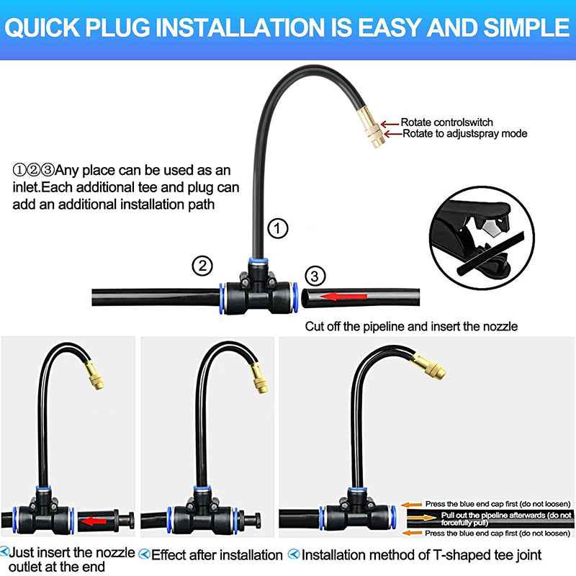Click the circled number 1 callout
pos(278,229)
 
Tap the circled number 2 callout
pos(203,266)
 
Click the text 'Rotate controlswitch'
pos(447,122)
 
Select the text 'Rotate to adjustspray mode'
pos(464,133)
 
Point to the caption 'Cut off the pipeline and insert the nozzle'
pos(411,326)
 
